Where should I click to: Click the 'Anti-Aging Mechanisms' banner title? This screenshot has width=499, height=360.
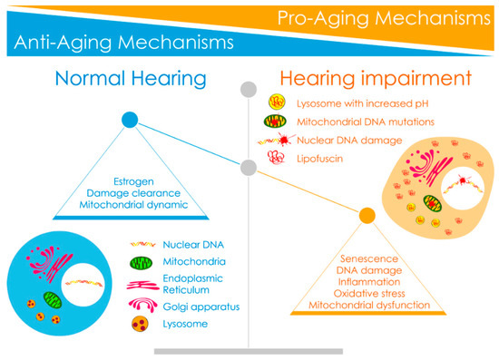(x=120, y=42)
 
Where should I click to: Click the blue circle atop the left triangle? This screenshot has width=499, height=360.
(x=130, y=119)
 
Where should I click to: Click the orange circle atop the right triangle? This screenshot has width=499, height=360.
(x=367, y=216)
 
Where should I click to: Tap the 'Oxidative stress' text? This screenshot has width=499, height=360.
(x=367, y=294)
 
